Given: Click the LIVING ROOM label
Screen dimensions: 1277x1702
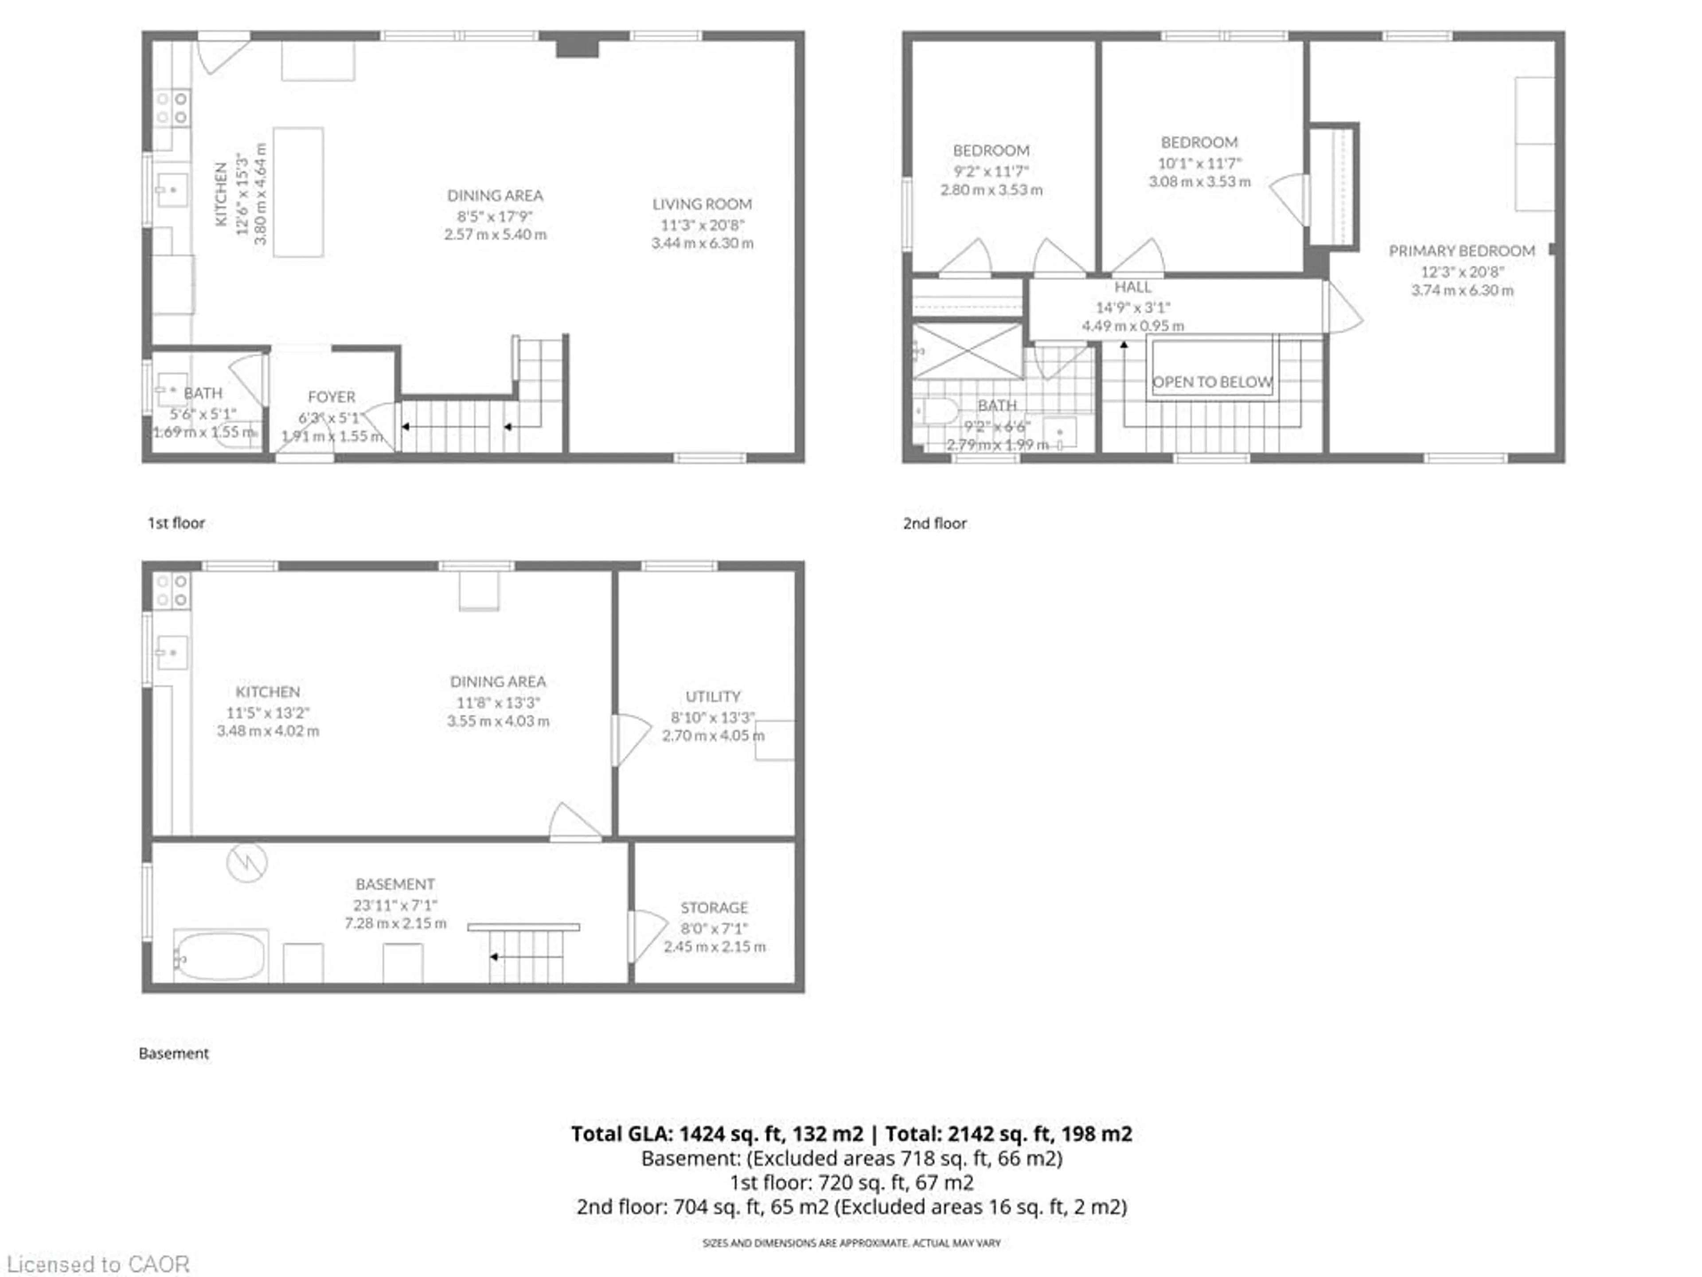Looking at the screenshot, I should (702, 204).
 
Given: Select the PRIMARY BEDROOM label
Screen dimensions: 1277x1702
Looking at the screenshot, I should (1461, 251).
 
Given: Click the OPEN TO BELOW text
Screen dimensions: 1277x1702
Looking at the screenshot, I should (1212, 382).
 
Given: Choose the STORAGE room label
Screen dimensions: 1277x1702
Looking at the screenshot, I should (713, 908).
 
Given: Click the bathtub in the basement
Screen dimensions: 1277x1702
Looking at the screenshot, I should (220, 955).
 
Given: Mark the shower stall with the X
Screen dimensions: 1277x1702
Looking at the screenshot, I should (967, 352).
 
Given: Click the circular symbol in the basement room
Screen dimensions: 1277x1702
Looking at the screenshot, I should (246, 863).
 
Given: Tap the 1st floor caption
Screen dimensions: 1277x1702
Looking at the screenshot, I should (176, 523).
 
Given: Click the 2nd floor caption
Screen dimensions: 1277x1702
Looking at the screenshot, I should (934, 523).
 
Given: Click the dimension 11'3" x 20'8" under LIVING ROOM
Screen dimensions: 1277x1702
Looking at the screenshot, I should (702, 225).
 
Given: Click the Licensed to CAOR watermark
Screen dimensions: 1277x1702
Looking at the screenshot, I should (98, 1264).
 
